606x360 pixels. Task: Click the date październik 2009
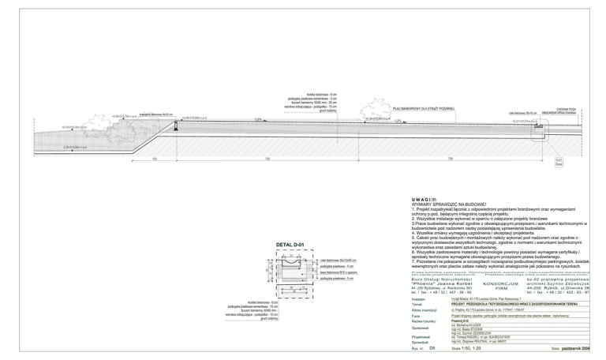tap(574, 347)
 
